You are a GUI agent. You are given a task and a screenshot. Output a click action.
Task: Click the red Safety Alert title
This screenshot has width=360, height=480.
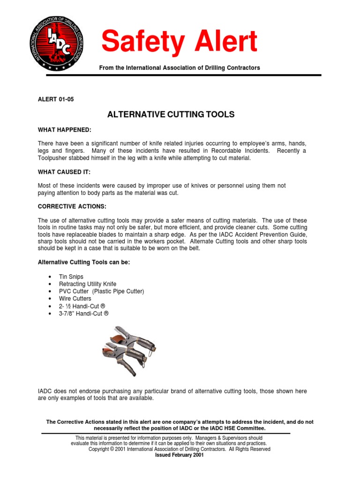[180, 42]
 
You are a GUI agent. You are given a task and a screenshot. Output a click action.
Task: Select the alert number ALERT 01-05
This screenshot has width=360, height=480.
[56, 99]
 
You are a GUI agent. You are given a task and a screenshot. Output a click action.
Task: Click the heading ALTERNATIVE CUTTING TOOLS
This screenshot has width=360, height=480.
[171, 114]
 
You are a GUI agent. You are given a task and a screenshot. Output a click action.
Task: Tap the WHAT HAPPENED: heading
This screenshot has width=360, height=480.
[65, 129]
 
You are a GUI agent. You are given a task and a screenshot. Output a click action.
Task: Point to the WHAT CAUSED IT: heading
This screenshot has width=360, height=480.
[64, 172]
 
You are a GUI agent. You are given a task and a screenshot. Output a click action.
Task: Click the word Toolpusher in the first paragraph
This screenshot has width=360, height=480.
[52, 158]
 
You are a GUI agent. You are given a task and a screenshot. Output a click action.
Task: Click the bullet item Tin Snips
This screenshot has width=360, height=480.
[71, 277]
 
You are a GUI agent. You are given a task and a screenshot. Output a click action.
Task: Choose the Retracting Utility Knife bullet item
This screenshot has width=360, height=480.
[87, 284]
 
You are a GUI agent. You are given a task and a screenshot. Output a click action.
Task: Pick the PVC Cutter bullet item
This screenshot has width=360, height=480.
[101, 291]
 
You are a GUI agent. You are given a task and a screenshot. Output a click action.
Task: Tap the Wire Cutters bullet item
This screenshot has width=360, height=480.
[75, 299]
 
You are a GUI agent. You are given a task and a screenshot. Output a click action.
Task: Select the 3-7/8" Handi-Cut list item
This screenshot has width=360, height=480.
[83, 313]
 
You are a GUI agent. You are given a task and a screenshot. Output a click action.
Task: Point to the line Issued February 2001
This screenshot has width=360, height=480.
[179, 455]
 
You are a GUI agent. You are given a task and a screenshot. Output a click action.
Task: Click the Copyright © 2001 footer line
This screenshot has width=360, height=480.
[179, 449]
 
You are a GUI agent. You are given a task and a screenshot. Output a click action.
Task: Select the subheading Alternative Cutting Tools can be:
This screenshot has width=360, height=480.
[83, 262]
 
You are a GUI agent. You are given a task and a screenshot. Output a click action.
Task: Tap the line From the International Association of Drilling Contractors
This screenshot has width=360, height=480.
[179, 68]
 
